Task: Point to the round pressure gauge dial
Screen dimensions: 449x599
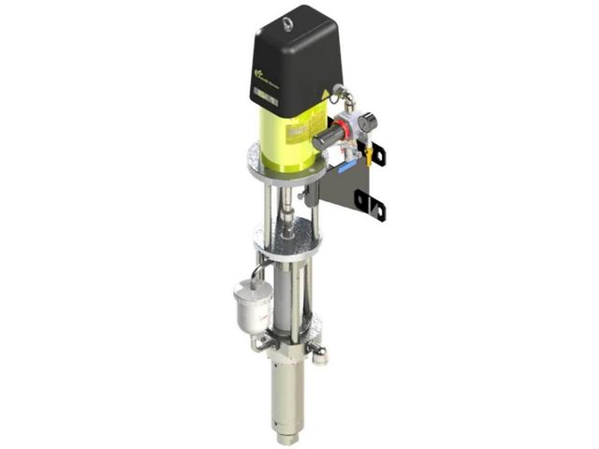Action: (367, 121)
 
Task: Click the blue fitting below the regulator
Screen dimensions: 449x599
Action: (344, 167)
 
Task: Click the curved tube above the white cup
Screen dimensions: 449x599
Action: (256, 272)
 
